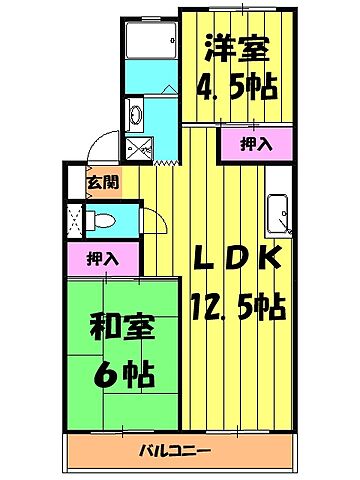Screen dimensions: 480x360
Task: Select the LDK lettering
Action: tap(237, 259)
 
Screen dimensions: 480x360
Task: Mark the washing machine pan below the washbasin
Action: tap(140, 149)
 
